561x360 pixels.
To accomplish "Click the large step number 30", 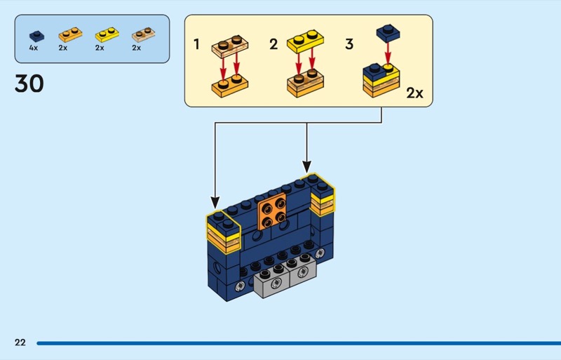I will pos(29,84).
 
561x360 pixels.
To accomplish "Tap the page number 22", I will pos(20,342).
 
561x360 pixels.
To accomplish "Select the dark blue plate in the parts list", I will pos(34,34).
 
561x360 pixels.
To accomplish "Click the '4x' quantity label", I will pos(33,48).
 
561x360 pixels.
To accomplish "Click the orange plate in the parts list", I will pos(67,34).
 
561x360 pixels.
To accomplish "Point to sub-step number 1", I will pos(197,45).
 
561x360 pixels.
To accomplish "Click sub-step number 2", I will pos(273,45).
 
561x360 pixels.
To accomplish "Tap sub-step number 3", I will pos(349,45).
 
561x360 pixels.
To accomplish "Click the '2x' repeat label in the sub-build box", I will pos(415,93).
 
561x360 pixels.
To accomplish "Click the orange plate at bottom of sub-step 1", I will pos(229,86).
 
